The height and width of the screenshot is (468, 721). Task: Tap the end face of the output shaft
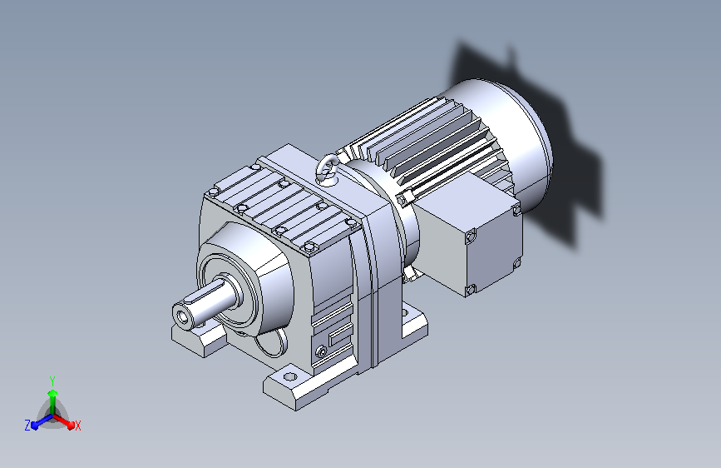pyautogui.click(x=185, y=315)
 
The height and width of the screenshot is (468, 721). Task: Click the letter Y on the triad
pyautogui.click(x=52, y=381)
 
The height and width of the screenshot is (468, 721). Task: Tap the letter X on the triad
pyautogui.click(x=77, y=426)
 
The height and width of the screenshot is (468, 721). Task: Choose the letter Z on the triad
pyautogui.click(x=27, y=426)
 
